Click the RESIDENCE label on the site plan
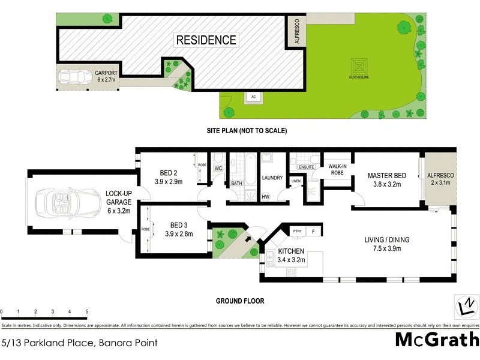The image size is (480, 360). (x=206, y=41)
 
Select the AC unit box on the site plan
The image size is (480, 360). (x=253, y=97)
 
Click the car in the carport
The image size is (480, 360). (x=73, y=78)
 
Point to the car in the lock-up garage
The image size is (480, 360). (x=66, y=203)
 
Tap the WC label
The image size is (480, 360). (x=218, y=169)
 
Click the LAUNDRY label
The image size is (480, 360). (x=272, y=178)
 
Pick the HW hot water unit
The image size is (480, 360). (x=266, y=197)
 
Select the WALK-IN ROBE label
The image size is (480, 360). (x=335, y=169)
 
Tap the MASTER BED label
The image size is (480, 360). (x=387, y=176)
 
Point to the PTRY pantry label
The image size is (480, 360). (x=296, y=231)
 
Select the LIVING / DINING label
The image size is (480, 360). (x=387, y=240)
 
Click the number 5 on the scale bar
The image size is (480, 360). (x=87, y=312)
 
